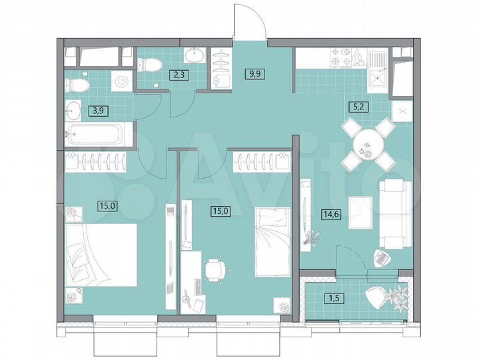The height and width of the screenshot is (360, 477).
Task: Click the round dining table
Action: point(366,142)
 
